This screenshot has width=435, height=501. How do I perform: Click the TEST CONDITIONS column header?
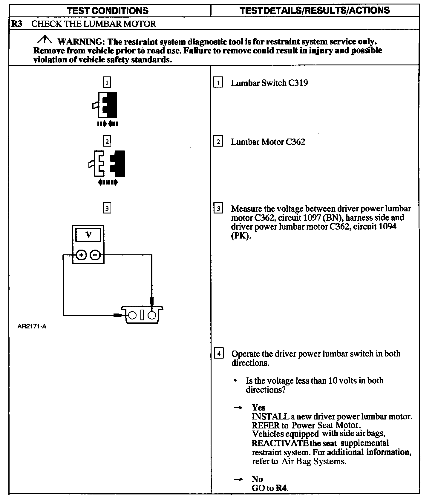click(x=108, y=11)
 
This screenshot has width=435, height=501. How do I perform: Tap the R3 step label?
click(x=17, y=24)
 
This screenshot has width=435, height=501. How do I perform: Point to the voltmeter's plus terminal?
click(x=82, y=255)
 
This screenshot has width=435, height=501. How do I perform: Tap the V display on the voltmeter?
click(x=88, y=235)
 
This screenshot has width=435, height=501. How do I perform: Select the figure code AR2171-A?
click(x=32, y=326)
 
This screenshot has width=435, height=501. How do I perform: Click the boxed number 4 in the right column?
click(x=219, y=354)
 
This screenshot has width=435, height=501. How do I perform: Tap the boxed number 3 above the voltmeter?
click(x=107, y=208)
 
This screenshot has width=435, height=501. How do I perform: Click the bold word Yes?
click(x=258, y=407)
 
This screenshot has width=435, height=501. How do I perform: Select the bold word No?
click(x=257, y=479)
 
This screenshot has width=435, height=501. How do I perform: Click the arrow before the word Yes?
click(x=238, y=408)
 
